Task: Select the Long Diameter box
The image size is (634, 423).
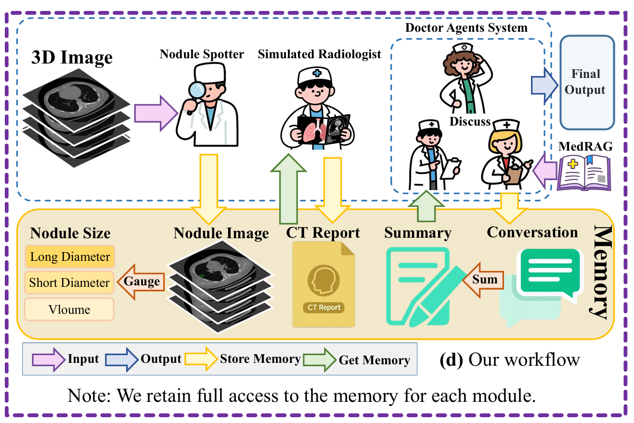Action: [x=70, y=257]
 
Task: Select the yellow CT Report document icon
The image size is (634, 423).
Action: [x=323, y=284]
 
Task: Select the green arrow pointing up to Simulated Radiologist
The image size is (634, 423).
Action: [x=289, y=188]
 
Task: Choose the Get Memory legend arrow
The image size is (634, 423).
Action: [x=324, y=360]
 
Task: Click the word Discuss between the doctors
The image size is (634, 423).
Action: [x=470, y=121]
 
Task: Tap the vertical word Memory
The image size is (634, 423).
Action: [x=598, y=272]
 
